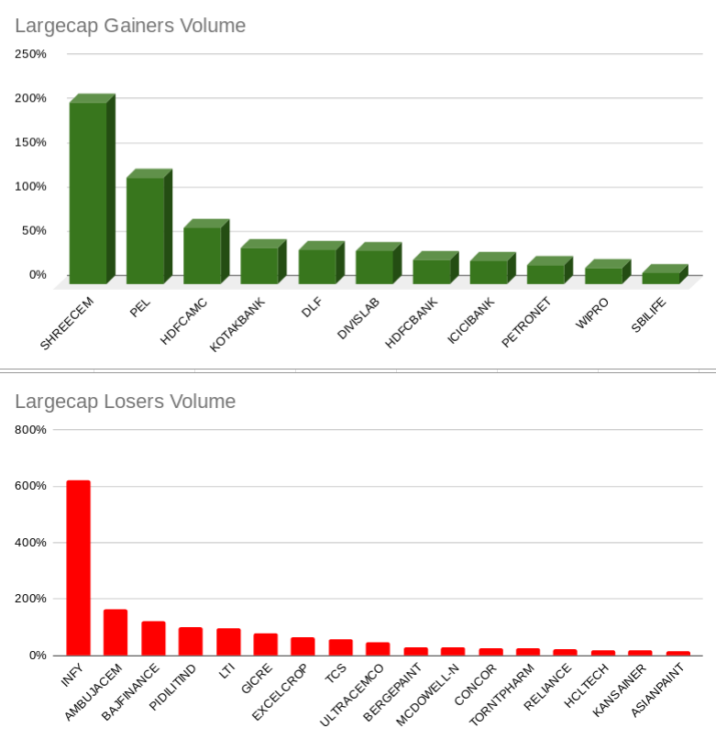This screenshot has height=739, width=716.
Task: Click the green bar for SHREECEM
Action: tap(88, 193)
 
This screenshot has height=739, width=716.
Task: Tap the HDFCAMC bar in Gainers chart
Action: tap(202, 255)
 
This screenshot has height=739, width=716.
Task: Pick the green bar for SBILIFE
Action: tap(661, 277)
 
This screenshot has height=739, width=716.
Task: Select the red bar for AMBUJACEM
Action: tap(116, 632)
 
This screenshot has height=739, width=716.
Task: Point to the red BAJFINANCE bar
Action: tap(153, 638)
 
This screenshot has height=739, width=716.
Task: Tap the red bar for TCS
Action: tap(340, 647)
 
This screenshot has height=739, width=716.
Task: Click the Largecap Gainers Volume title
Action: tap(130, 26)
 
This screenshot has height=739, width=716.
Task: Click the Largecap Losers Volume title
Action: tap(125, 402)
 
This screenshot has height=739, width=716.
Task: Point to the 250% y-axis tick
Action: tap(30, 54)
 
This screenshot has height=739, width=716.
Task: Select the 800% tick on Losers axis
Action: tap(30, 429)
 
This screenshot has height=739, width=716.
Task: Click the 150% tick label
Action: tap(30, 142)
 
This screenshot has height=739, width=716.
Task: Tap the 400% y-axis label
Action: tap(30, 542)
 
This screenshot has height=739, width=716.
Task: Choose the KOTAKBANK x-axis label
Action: tap(237, 325)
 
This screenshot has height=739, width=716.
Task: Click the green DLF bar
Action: tap(317, 266)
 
